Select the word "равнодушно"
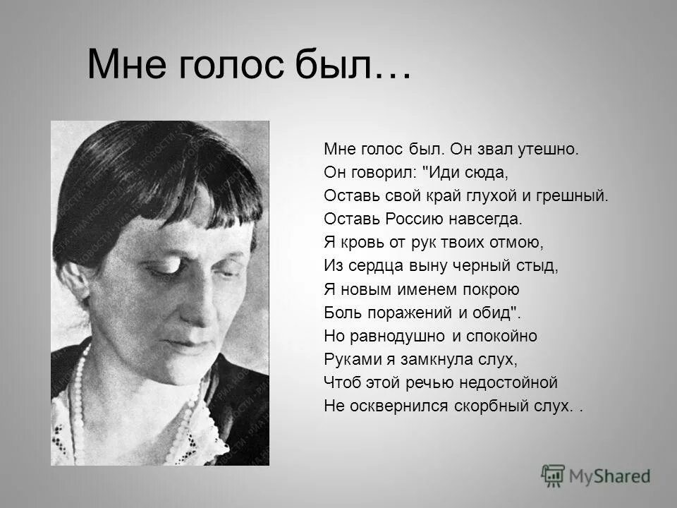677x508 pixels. [x=396, y=336]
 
